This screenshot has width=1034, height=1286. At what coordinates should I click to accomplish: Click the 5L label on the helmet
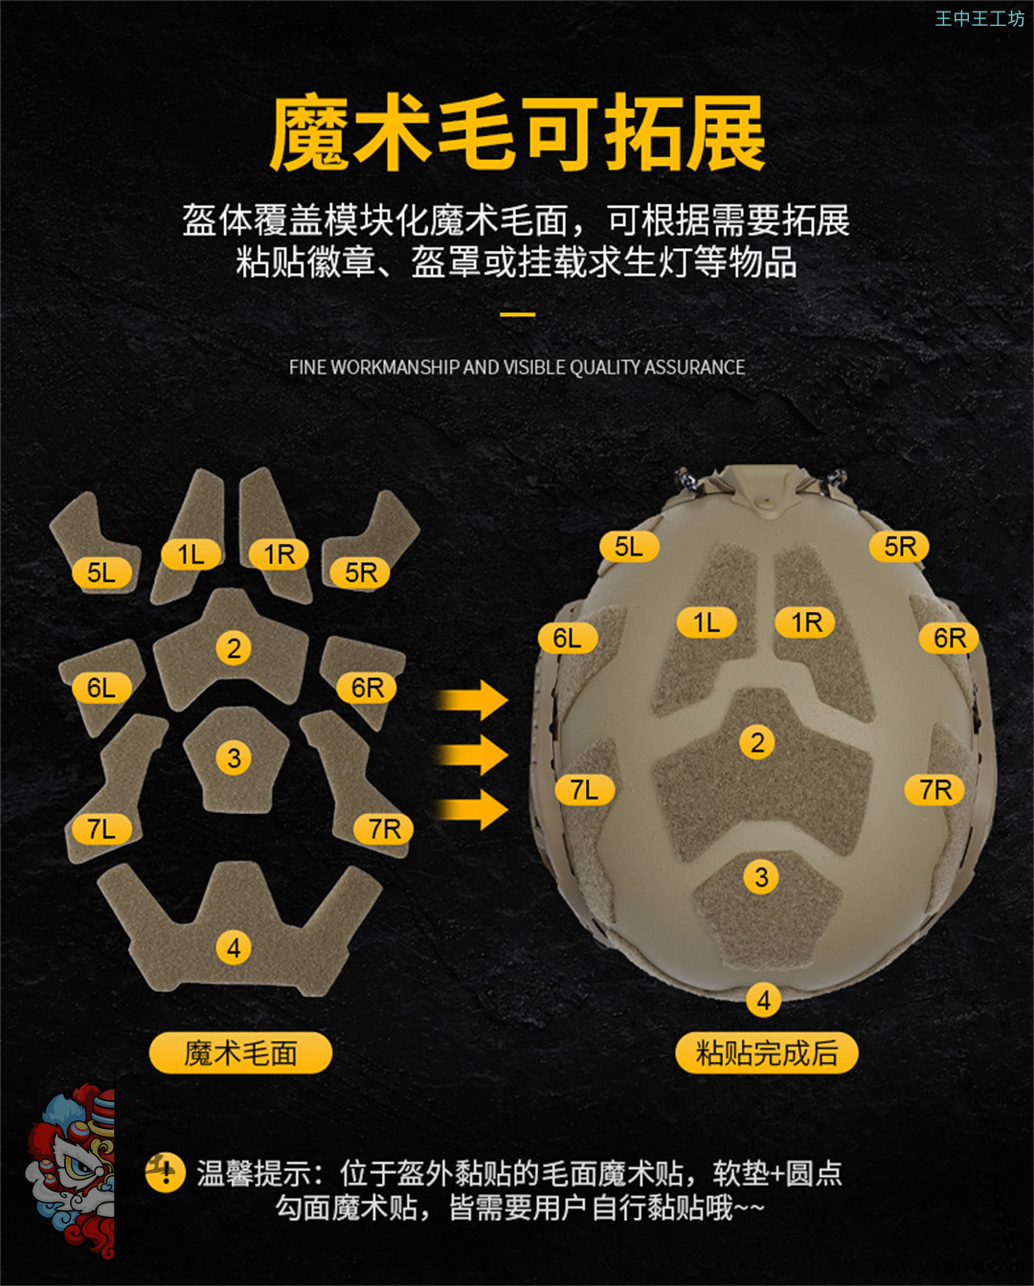point(629,546)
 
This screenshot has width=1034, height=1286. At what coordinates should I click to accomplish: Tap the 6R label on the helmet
point(949,638)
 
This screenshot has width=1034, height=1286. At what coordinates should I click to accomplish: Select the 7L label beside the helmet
point(585,790)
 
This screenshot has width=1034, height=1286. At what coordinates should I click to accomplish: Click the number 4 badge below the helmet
point(763,1000)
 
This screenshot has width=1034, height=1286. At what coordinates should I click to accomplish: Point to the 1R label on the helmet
point(805,622)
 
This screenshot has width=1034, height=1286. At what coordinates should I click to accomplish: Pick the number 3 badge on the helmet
point(761,877)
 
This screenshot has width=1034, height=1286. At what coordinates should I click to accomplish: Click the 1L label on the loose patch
point(191,554)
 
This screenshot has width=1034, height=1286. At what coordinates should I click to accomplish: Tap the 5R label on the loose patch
point(360,573)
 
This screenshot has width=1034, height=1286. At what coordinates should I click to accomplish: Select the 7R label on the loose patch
point(383,829)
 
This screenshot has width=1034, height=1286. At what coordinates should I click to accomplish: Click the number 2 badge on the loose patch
point(233,648)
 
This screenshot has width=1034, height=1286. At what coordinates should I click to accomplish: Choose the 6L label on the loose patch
point(101,688)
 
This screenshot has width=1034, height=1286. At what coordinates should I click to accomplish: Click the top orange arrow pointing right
point(472,700)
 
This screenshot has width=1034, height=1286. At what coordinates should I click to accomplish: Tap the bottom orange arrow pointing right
point(472,810)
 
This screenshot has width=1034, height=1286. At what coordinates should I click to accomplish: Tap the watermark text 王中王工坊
point(979,19)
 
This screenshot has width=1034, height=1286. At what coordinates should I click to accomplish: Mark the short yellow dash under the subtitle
point(518,314)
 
